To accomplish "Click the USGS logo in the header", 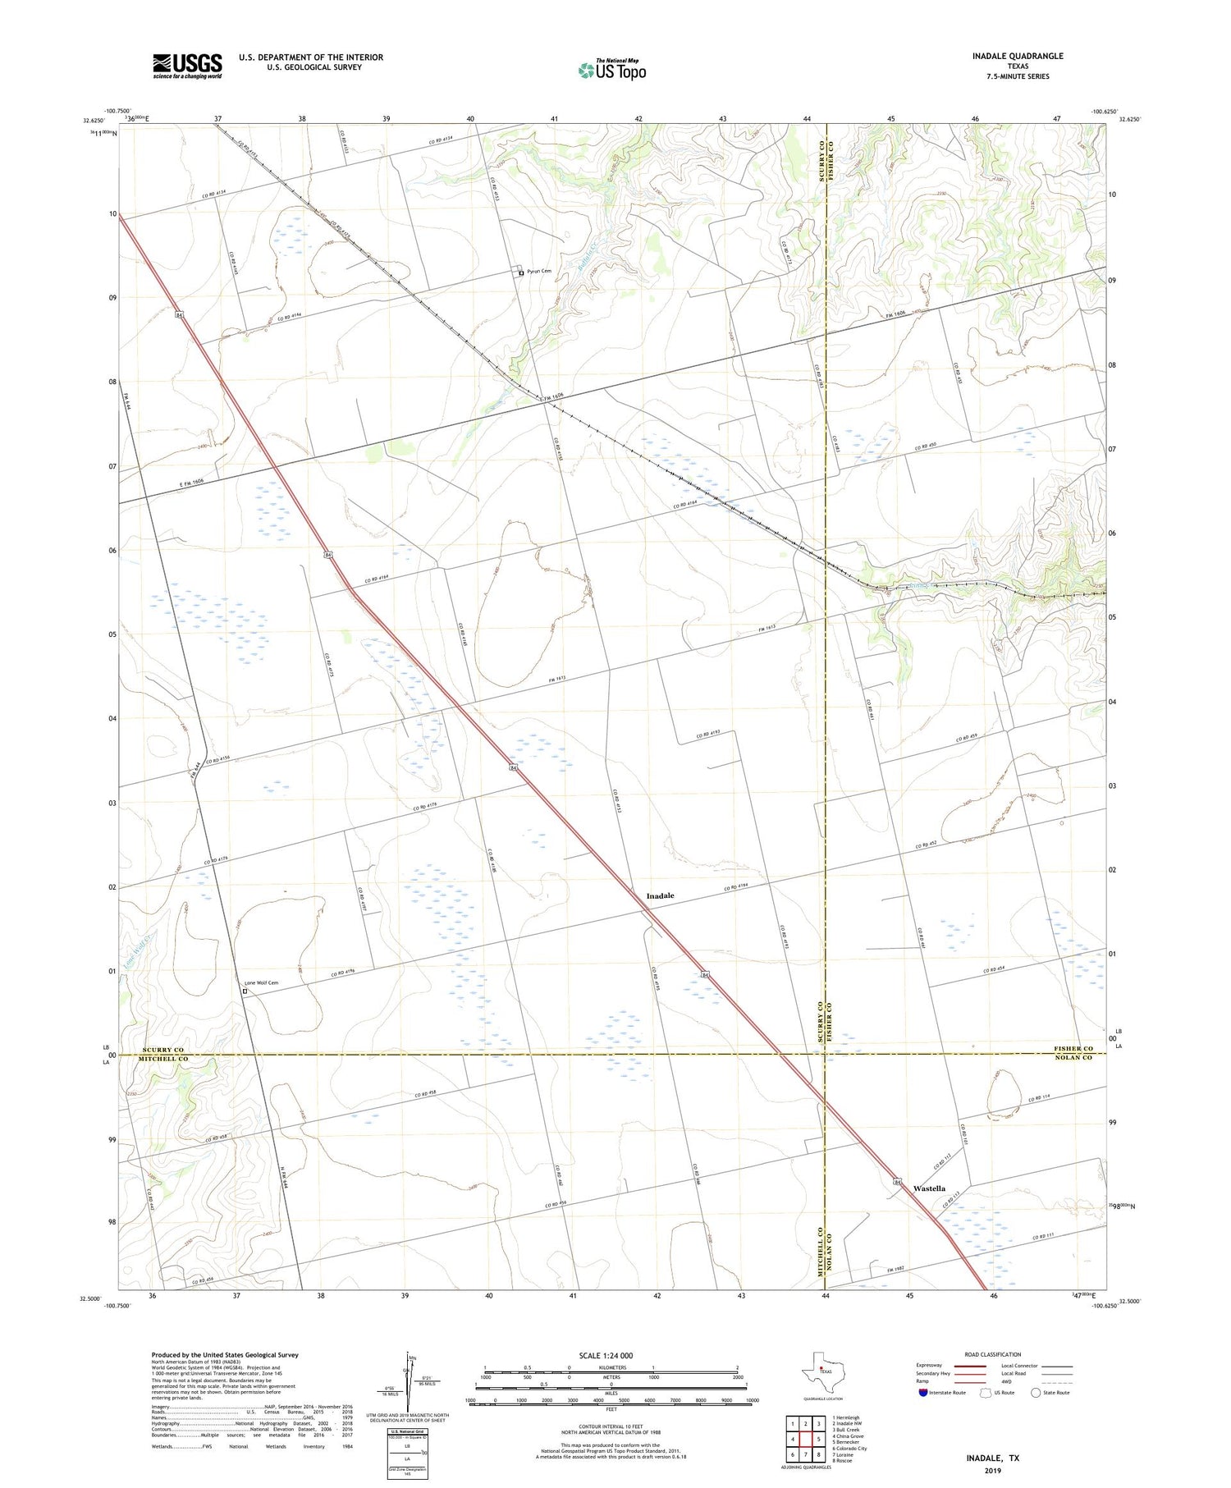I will (187, 66).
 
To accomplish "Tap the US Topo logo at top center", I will (612, 71).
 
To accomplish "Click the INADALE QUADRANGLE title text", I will (1017, 56).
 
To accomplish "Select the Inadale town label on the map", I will (660, 895).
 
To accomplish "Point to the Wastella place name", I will (929, 1188).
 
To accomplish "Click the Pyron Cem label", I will (539, 271).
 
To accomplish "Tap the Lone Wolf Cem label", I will (262, 982).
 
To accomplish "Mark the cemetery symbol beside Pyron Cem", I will (520, 272).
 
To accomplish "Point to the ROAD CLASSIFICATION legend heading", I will (993, 1354).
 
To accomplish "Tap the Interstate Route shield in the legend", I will (922, 1392).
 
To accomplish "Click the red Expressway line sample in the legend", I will (968, 1366).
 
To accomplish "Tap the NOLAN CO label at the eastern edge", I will (1074, 1058).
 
